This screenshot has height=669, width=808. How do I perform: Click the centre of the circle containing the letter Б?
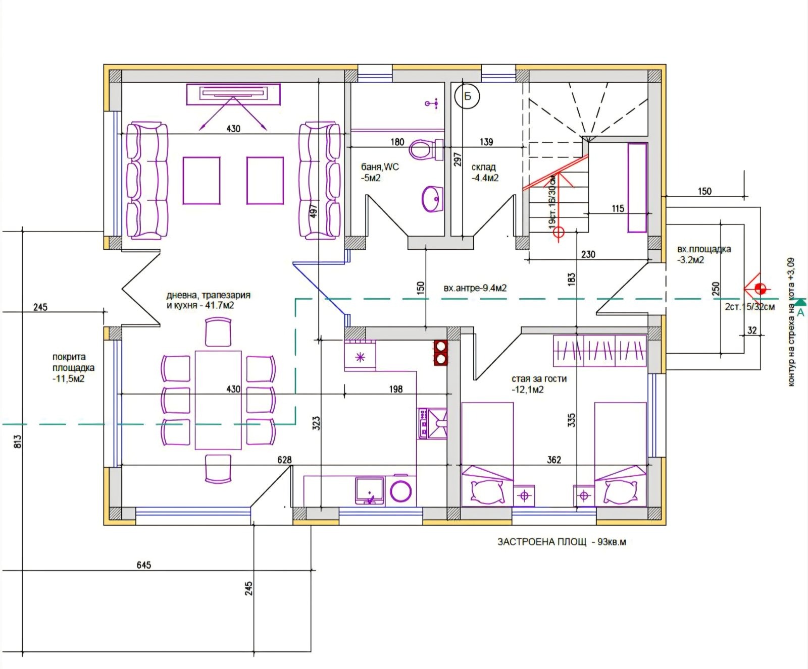(467, 96)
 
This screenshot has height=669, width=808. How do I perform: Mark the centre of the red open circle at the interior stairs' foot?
(559, 233)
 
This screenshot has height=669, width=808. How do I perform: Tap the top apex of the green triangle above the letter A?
(800, 300)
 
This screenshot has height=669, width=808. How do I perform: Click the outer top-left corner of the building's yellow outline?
(104, 65)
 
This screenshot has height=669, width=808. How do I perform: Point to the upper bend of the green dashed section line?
(295, 299)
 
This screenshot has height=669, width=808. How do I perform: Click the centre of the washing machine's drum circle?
(401, 491)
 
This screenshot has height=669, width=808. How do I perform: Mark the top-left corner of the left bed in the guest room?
(462, 403)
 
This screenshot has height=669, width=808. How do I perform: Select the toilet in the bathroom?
(426, 149)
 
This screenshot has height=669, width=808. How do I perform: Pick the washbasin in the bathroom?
(432, 199)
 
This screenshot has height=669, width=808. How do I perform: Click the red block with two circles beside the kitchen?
(441, 352)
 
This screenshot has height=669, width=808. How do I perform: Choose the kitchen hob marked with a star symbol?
(360, 356)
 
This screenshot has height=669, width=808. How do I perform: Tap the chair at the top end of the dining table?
(219, 331)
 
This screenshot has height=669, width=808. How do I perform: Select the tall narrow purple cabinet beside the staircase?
(637, 188)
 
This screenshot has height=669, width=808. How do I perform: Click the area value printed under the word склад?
(485, 178)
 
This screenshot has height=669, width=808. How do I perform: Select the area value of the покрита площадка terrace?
(69, 379)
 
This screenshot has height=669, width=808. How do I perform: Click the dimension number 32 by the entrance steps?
(752, 330)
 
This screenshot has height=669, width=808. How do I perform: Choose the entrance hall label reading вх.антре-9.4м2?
(475, 289)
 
